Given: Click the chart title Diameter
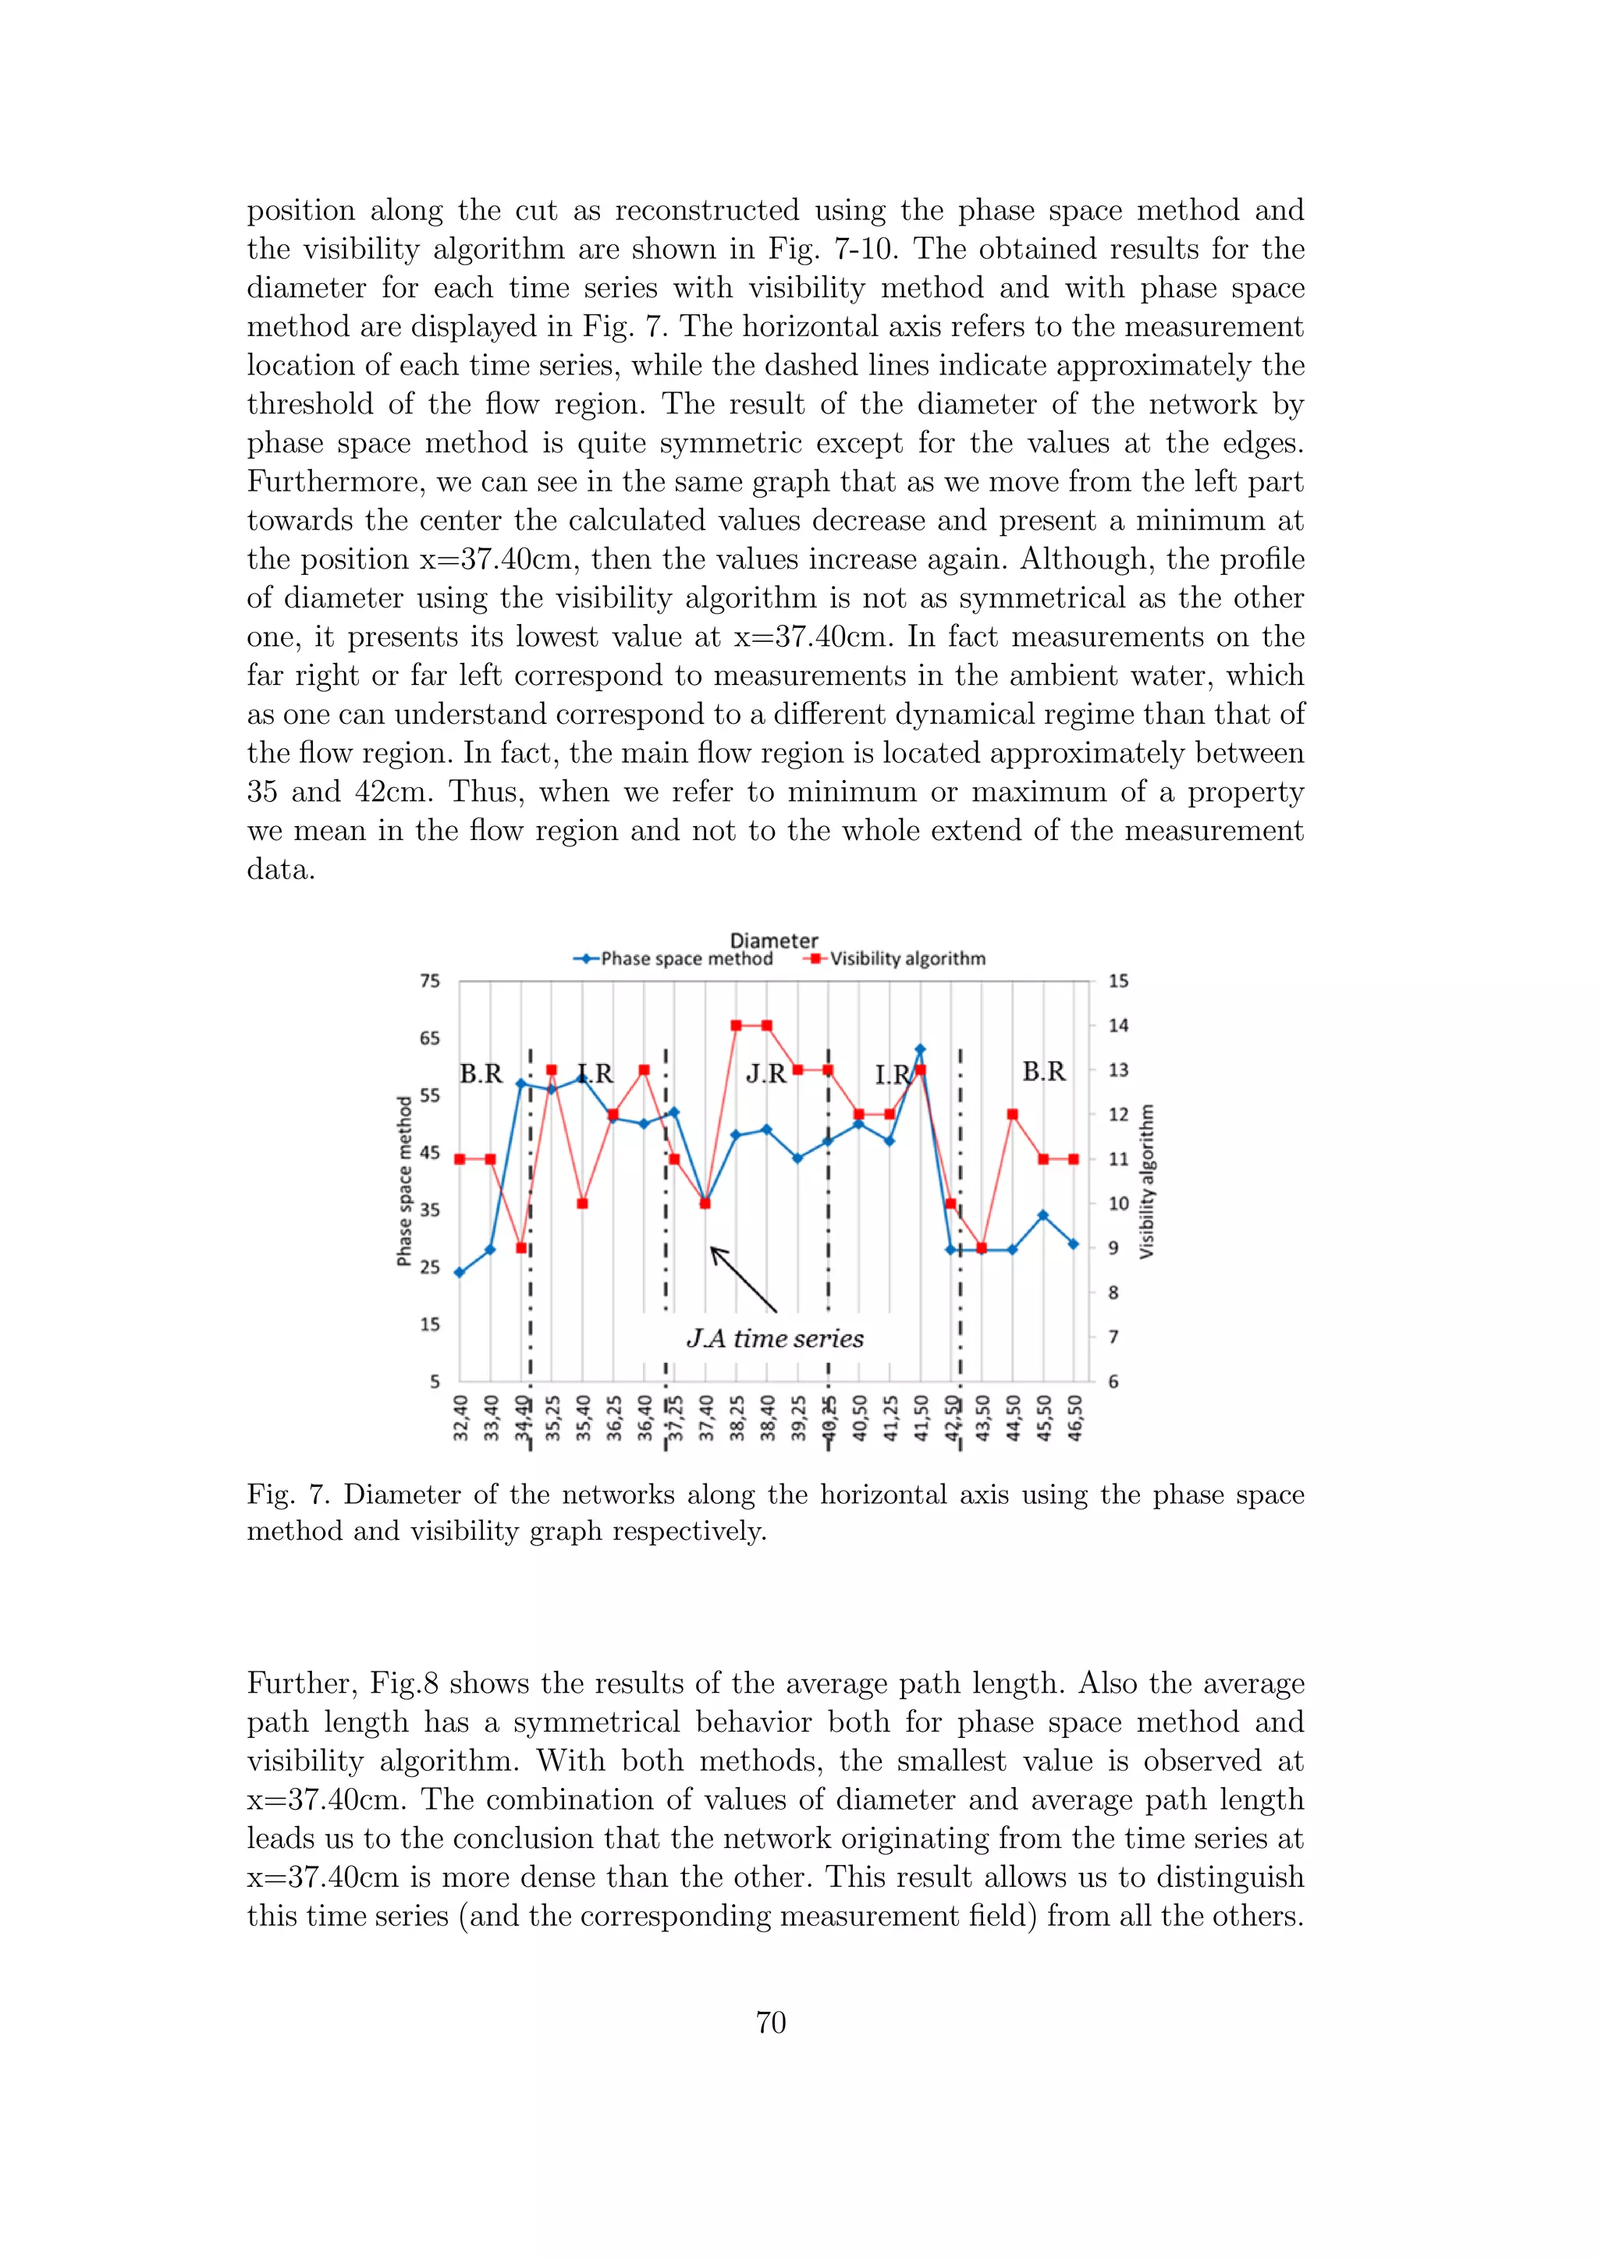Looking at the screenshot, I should click(773, 941).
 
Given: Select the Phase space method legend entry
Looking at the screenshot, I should click(686, 959).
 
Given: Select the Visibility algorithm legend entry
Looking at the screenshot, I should click(906, 959).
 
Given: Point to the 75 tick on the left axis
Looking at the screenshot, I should click(430, 981).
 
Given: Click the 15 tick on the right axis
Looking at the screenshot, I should click(1119, 981).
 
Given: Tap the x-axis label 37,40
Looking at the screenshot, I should click(706, 1418).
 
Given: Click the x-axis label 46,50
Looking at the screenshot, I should click(1074, 1418).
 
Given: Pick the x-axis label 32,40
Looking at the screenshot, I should click(460, 1418).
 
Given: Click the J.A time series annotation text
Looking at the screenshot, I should click(774, 1338).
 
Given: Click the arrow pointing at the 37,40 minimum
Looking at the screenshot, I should click(743, 1279).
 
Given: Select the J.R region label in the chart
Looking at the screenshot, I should click(765, 1073).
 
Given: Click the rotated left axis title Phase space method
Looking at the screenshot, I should click(403, 1181).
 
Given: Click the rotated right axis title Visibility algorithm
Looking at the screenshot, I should click(1146, 1181).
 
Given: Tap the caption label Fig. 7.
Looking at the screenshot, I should click(287, 1495).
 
